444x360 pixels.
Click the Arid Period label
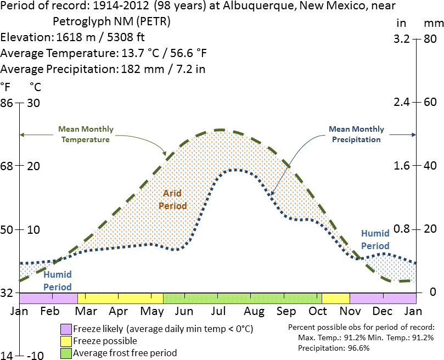[172, 200]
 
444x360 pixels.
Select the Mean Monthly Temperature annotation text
[86, 134]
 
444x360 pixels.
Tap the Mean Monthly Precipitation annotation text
[356, 134]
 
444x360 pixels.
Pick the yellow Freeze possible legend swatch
[66, 341]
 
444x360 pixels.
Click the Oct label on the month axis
[318, 311]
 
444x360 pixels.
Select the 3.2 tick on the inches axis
[402, 40]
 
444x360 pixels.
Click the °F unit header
[6, 86]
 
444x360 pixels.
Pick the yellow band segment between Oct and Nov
[336, 298]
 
